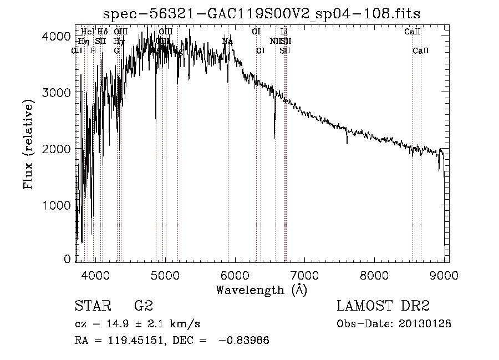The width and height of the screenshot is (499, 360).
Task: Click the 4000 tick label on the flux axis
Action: point(56,37)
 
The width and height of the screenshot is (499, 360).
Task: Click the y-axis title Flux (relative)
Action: point(28,145)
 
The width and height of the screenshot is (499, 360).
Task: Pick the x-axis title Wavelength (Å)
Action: point(261,290)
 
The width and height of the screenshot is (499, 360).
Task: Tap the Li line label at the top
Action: point(284,32)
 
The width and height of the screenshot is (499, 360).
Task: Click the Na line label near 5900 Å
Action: point(227,41)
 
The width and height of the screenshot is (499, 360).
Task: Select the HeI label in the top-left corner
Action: point(88,32)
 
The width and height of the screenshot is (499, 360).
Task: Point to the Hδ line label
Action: point(103,32)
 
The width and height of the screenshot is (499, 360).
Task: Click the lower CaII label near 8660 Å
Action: point(421,50)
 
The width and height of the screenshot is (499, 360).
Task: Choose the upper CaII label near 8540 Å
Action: point(413,32)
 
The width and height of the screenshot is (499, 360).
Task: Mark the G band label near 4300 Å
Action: point(117,50)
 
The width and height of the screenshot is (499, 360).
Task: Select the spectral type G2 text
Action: point(143,306)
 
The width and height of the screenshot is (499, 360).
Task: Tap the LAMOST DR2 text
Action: point(383,306)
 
